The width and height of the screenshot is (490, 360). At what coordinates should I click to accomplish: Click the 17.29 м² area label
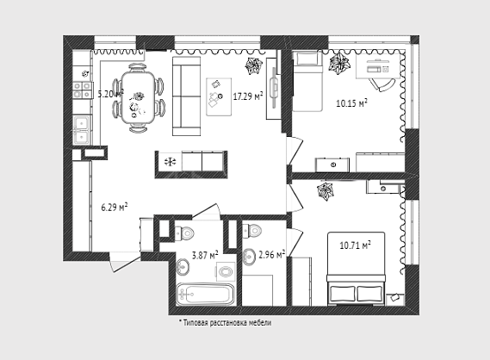248,96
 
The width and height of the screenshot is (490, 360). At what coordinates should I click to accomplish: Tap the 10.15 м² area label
351,102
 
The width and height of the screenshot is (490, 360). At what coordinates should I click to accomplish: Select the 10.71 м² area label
356,245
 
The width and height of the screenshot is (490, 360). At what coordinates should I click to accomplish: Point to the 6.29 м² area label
115,207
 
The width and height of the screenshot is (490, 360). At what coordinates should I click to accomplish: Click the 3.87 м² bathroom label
205,255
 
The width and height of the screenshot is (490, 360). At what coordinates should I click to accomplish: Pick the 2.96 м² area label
272,254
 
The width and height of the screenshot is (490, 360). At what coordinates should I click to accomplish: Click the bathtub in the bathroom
205,294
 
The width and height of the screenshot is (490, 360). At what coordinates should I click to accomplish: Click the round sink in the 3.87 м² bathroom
183,267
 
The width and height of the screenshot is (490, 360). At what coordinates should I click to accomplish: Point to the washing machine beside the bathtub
226,271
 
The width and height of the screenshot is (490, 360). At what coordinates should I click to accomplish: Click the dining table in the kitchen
138,97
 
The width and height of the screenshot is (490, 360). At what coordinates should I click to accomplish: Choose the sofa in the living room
187,96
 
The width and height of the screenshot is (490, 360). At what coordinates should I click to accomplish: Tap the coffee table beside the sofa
219,96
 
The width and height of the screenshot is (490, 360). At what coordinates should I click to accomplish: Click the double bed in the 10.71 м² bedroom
356,269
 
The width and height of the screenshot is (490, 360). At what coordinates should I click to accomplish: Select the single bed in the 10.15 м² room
307,82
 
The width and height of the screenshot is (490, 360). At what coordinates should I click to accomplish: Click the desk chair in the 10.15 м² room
382,84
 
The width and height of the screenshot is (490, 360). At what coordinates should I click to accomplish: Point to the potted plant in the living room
253,66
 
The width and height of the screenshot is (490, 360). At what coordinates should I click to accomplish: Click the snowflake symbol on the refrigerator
171,162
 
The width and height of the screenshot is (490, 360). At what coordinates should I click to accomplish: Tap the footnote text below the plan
225,322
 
